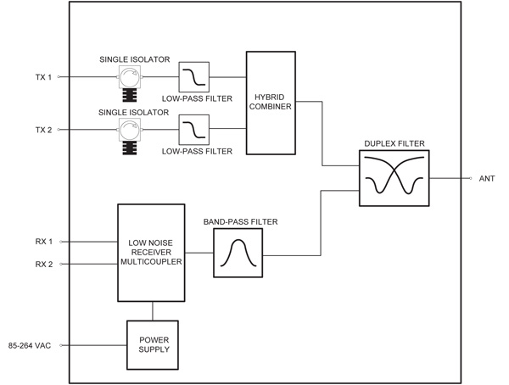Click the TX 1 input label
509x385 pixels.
(x=42, y=78)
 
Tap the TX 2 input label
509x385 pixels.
(x=42, y=130)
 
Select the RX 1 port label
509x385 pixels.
(x=43, y=242)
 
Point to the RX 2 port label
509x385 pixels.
(x=43, y=264)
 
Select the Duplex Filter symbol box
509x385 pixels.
(x=394, y=178)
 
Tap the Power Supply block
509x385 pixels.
(x=153, y=344)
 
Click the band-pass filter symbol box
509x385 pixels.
(x=232, y=253)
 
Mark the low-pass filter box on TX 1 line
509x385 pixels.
(x=193, y=78)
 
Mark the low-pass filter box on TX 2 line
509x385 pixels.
(x=193, y=130)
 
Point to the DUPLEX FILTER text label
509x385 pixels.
(x=394, y=144)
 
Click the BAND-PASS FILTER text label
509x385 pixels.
(x=240, y=222)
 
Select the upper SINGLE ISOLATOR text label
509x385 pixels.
(x=134, y=59)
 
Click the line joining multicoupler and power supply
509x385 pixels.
(x=153, y=310)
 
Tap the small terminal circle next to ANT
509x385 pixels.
(x=470, y=179)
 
